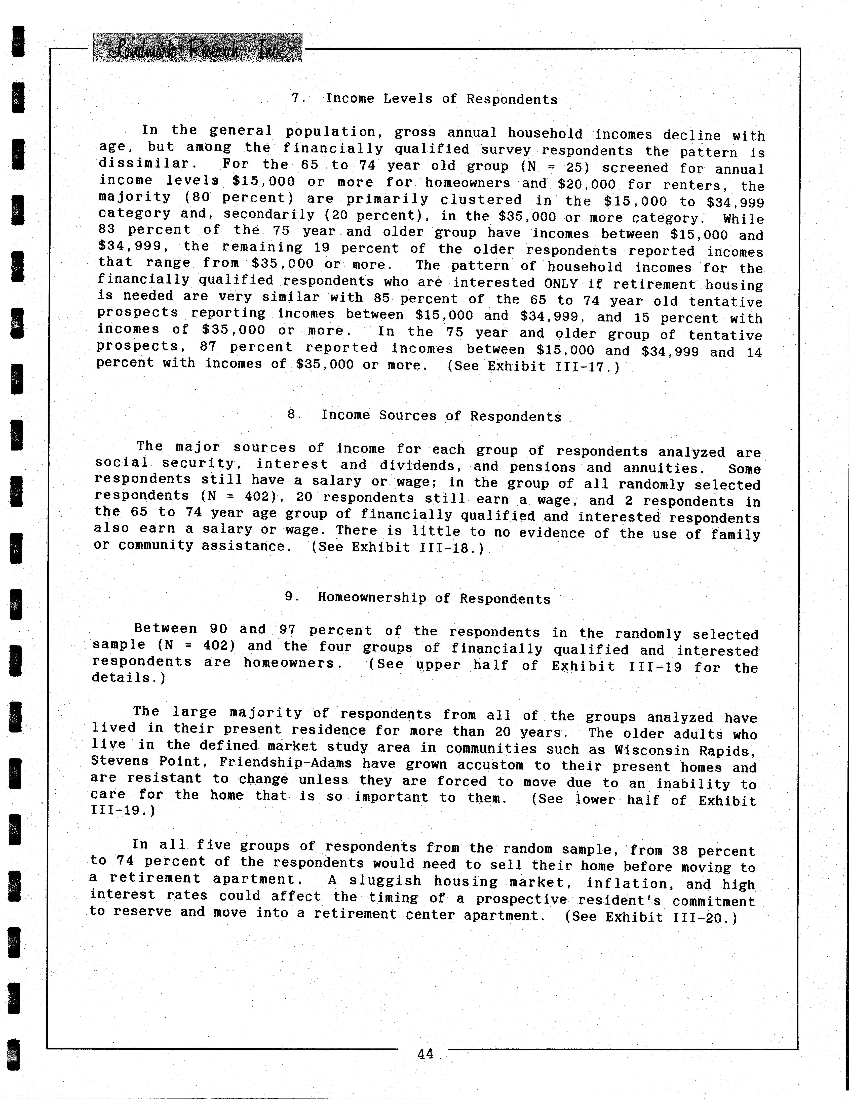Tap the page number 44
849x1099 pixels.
coord(425,1053)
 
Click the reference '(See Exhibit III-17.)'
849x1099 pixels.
coord(533,366)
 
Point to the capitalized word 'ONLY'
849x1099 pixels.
coord(561,283)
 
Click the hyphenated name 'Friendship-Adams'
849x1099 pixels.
coord(285,763)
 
